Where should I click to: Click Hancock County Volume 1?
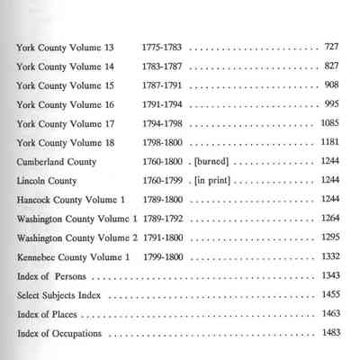(67, 199)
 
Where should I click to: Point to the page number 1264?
(329, 218)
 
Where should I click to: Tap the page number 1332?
(329, 256)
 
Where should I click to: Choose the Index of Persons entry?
(50, 275)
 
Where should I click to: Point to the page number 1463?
(329, 315)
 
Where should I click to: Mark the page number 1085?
(329, 122)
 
